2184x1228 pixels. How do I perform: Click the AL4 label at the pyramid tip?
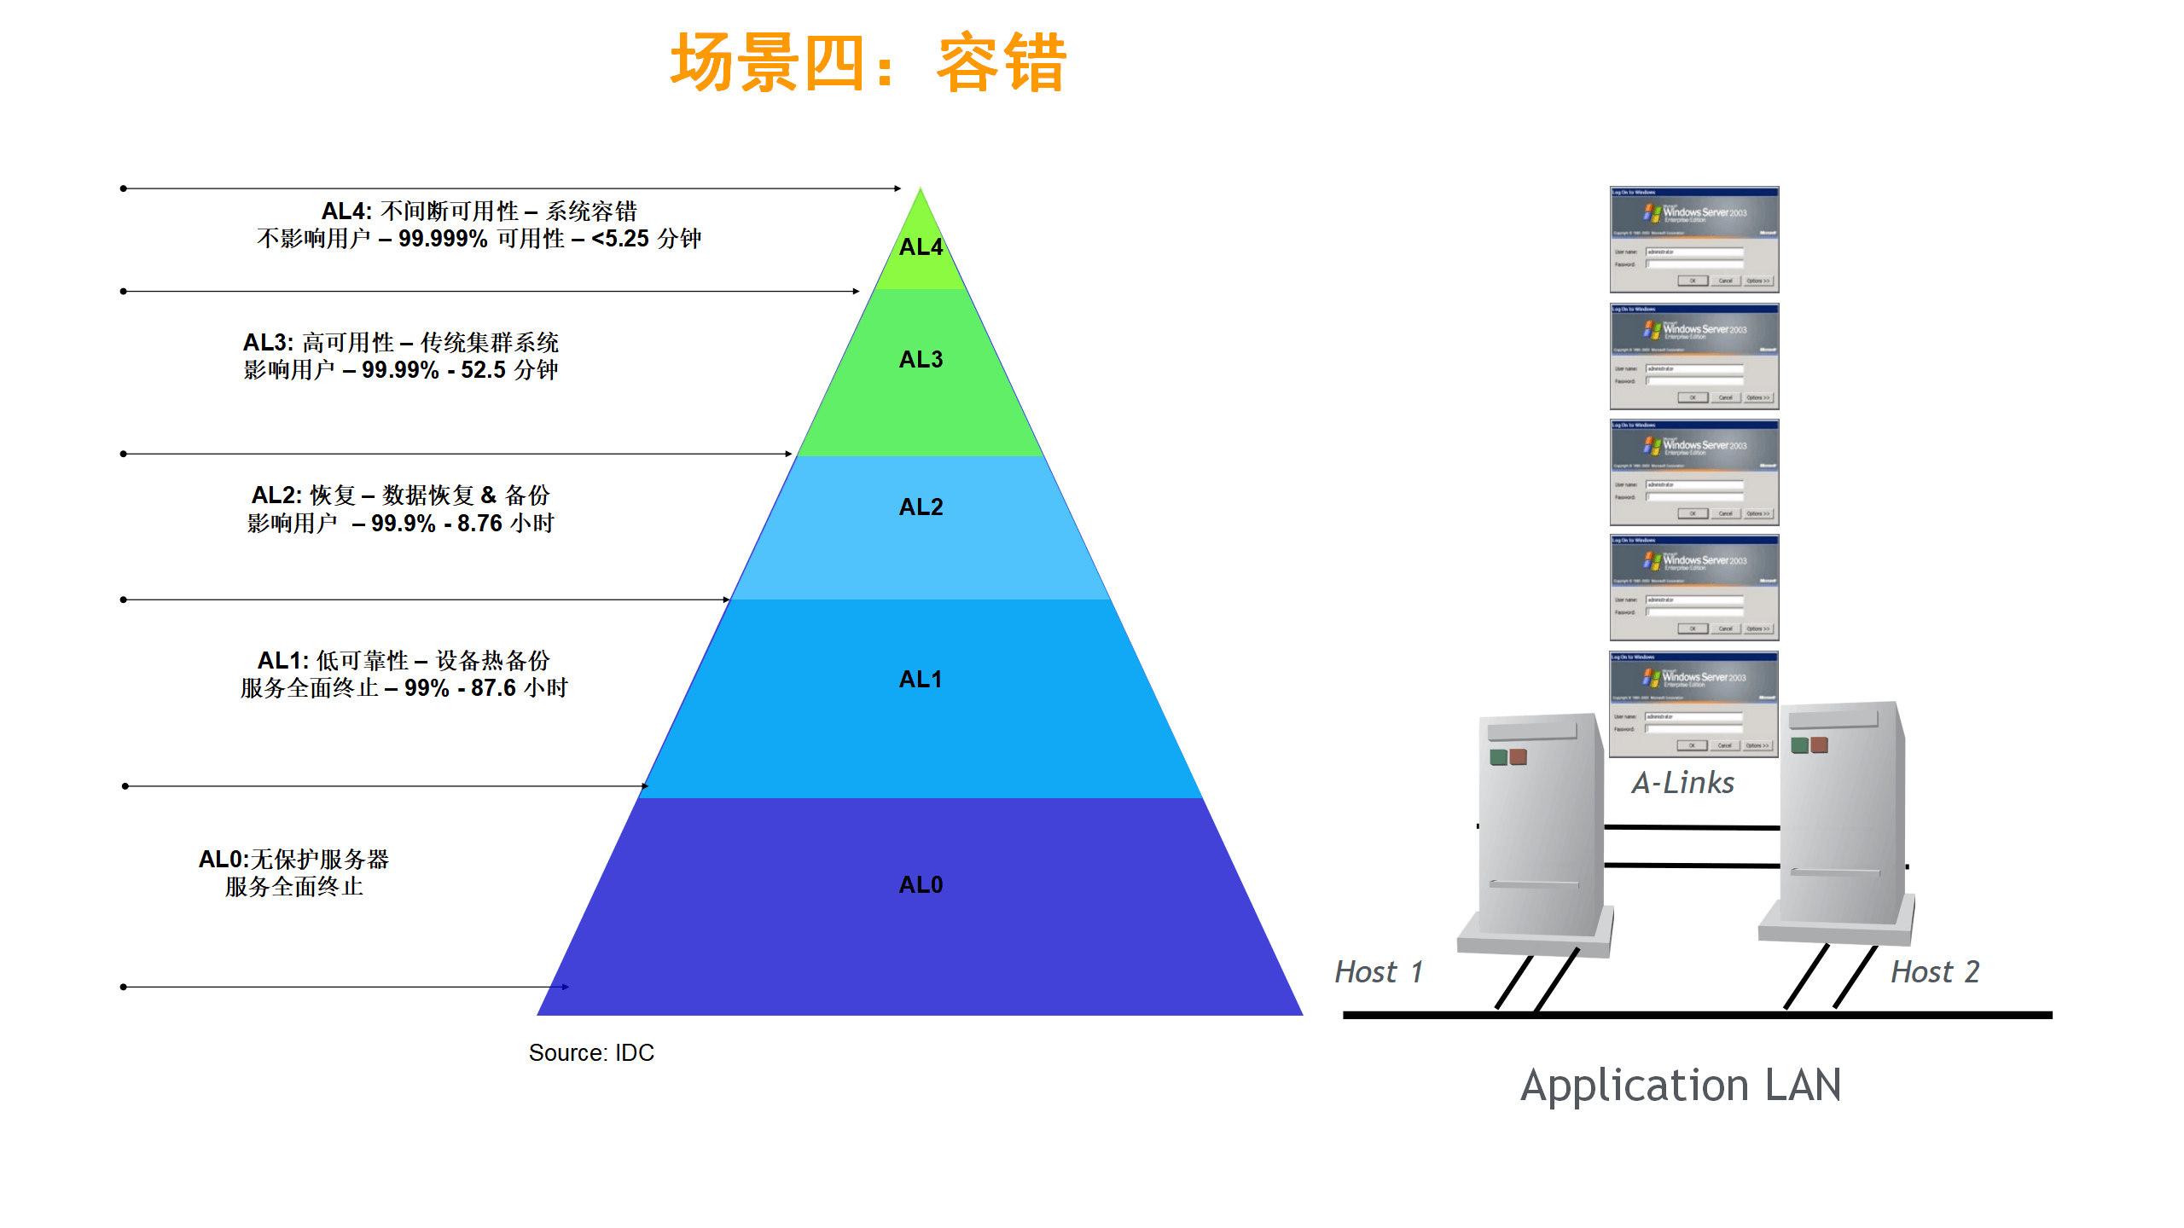click(921, 247)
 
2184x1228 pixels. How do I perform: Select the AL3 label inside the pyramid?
click(921, 360)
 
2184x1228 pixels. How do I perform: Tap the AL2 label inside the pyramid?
click(921, 507)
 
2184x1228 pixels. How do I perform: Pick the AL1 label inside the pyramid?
click(921, 680)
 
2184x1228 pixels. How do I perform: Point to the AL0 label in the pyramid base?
click(921, 885)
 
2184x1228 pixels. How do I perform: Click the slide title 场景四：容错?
click(868, 63)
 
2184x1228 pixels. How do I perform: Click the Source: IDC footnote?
click(591, 1053)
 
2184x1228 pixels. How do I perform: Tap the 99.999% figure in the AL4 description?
click(443, 239)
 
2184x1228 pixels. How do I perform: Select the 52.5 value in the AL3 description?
click(483, 370)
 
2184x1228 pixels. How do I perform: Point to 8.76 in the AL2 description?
click(479, 524)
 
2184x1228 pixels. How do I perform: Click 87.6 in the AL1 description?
click(493, 688)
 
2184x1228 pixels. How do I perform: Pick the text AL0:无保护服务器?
click(293, 860)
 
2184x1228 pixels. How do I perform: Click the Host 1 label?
click(1379, 972)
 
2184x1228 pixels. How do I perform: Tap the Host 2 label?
click(1935, 972)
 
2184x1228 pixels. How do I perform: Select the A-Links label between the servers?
click(1682, 783)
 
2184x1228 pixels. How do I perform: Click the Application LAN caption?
click(1681, 1086)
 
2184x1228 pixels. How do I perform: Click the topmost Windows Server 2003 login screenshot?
click(1693, 240)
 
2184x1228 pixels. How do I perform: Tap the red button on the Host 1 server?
click(1518, 757)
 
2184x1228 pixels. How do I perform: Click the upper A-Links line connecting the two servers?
click(1691, 827)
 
